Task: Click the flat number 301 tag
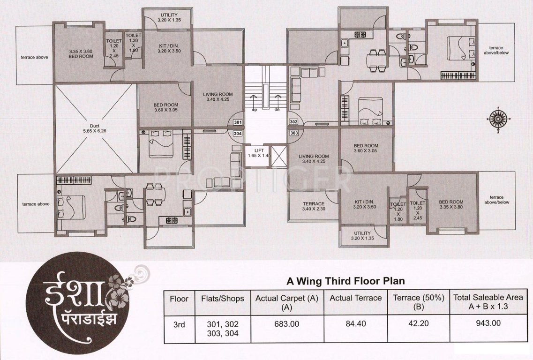(x=238, y=122)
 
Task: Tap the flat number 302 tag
(x=294, y=122)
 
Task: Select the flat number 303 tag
(x=294, y=133)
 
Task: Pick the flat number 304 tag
(x=238, y=134)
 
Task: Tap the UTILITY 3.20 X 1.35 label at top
(x=169, y=17)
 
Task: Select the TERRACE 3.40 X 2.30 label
(x=314, y=206)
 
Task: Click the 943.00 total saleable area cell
(x=488, y=323)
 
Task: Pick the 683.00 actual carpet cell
(x=287, y=324)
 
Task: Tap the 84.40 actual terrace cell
(x=356, y=323)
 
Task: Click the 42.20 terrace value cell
(x=419, y=323)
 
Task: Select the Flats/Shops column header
(x=223, y=299)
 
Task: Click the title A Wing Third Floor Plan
(x=345, y=281)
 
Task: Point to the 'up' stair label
(x=254, y=110)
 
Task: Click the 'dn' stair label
(x=277, y=110)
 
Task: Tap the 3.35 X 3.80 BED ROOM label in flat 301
(x=81, y=54)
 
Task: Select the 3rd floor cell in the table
(x=179, y=325)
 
